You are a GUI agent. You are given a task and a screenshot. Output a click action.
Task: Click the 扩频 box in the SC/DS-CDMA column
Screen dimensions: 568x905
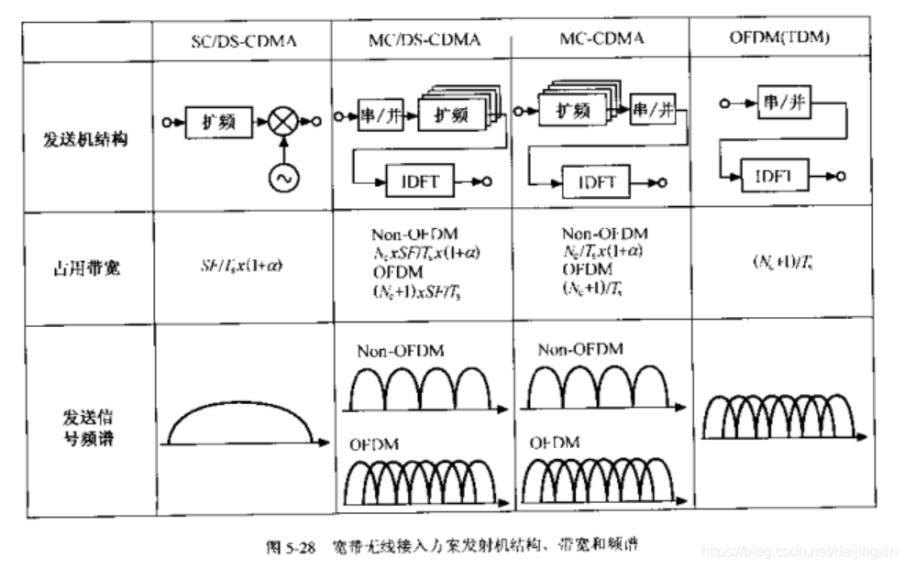click(x=218, y=120)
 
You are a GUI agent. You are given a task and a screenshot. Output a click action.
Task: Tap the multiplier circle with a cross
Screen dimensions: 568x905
click(x=281, y=120)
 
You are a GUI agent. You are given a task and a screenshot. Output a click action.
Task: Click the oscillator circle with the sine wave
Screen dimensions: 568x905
click(x=281, y=178)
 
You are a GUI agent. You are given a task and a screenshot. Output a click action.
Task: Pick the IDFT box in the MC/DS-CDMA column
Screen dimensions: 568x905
click(x=421, y=180)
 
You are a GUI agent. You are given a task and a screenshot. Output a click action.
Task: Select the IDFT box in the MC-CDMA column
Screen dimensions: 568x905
click(x=596, y=180)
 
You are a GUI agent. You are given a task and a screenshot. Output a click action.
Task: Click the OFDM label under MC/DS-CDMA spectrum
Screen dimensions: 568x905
click(x=370, y=443)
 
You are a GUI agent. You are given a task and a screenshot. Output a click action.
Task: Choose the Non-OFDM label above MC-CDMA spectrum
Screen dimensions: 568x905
click(x=579, y=349)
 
